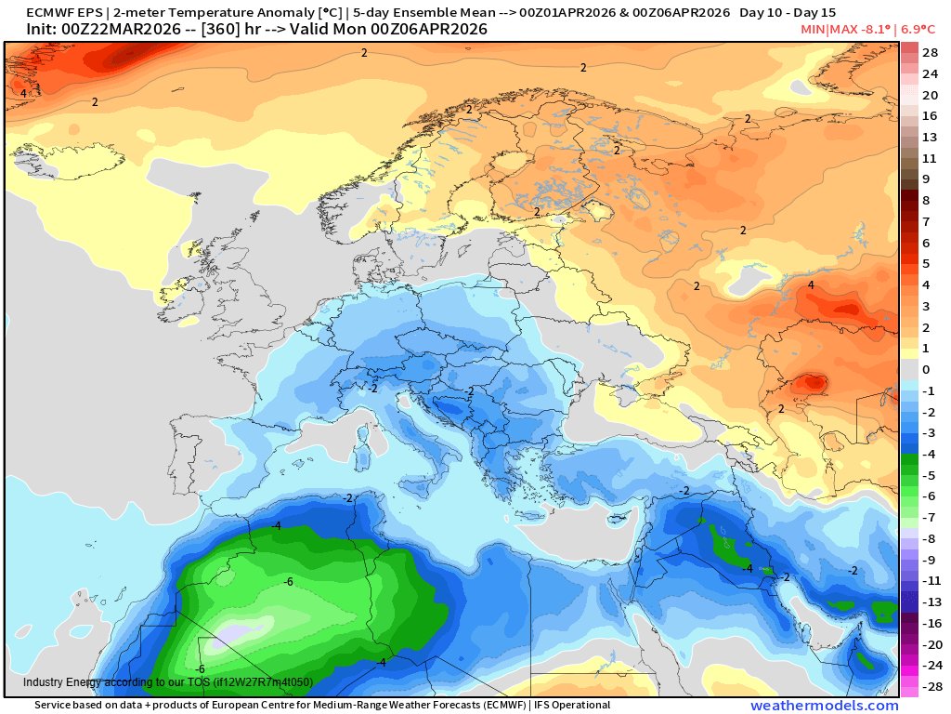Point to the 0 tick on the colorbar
tap(926, 369)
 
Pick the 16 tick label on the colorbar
tap(930, 115)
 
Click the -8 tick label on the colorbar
tap(928, 538)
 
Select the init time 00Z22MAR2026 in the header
tap(116, 30)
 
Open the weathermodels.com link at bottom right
tap(824, 706)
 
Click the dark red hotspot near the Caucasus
tap(814, 382)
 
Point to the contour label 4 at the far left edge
tap(23, 93)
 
